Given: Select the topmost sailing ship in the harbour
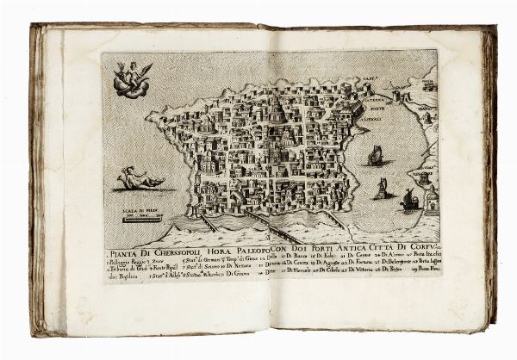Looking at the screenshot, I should point(377,156).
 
